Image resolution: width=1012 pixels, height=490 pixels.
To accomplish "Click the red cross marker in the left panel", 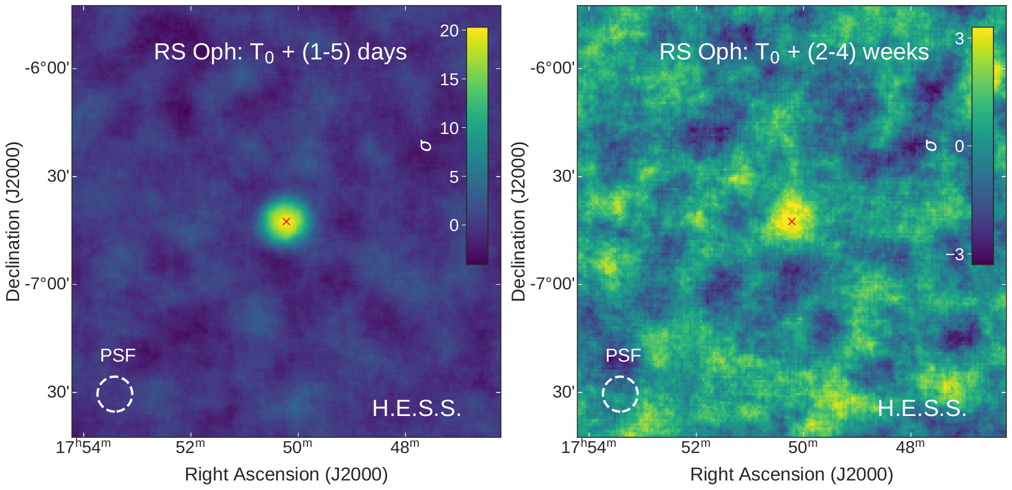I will point(286,221).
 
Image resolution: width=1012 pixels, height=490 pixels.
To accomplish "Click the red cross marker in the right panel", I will point(792,221).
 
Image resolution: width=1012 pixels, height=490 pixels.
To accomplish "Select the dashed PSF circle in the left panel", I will point(115,394).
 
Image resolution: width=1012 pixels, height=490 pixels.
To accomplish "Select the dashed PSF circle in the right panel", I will point(620,394).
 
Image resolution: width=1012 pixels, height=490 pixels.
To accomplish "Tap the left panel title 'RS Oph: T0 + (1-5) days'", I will point(280,52).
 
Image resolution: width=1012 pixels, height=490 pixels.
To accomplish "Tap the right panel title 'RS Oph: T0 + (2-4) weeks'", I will point(794,52).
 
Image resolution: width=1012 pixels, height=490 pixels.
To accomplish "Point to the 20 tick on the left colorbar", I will point(449,31).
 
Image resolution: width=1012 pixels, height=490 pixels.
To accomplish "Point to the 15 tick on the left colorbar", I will point(449,80).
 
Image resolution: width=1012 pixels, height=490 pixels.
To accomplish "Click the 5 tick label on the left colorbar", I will point(454,177).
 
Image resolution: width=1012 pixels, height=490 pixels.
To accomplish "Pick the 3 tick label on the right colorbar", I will point(959,39).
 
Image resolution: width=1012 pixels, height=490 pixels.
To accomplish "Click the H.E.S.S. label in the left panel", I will point(416,409).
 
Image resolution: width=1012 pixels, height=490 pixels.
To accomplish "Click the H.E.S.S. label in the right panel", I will point(922,409).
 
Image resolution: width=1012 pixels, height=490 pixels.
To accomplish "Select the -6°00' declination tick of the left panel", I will point(47,68).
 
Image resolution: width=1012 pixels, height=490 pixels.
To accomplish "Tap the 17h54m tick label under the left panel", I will point(83,447).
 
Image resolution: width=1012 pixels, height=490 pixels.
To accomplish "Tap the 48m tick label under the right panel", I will point(910,447).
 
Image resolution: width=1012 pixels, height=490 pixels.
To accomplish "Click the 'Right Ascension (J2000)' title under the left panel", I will point(286,474).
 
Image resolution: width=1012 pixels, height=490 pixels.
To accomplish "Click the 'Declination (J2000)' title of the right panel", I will point(518,221).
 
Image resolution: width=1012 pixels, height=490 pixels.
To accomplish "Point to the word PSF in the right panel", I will point(623,355).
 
